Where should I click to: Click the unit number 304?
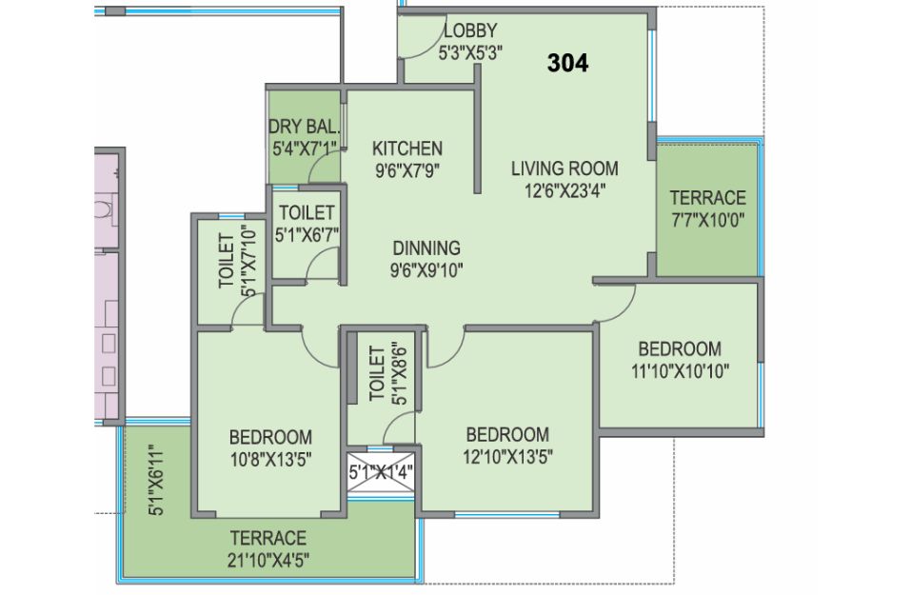[567, 63]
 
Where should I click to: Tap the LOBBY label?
[470, 30]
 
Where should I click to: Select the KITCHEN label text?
[407, 149]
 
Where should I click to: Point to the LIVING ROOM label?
[564, 169]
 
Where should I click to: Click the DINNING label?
[426, 248]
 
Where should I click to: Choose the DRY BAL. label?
[304, 127]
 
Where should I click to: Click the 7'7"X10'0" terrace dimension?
[707, 220]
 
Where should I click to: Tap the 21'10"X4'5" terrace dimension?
[268, 560]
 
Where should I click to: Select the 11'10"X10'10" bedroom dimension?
[681, 370]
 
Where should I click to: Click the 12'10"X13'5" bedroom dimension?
[507, 457]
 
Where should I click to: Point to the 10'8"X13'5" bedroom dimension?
[270, 460]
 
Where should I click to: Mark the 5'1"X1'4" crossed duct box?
[381, 472]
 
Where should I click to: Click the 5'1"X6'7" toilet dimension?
[307, 235]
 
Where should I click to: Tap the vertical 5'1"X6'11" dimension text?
[157, 480]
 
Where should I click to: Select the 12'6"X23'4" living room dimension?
[565, 190]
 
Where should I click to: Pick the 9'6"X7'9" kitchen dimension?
[407, 170]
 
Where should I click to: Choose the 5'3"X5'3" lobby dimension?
[470, 53]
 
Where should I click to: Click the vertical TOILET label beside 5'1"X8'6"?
[377, 373]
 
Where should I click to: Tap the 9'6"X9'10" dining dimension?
[426, 270]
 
